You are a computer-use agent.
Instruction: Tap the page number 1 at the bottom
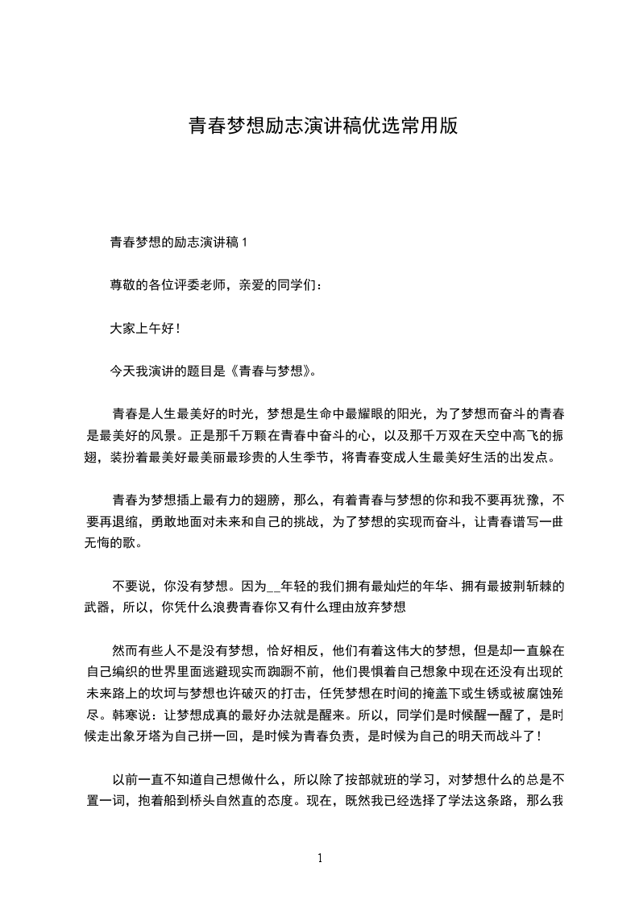coord(320,858)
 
